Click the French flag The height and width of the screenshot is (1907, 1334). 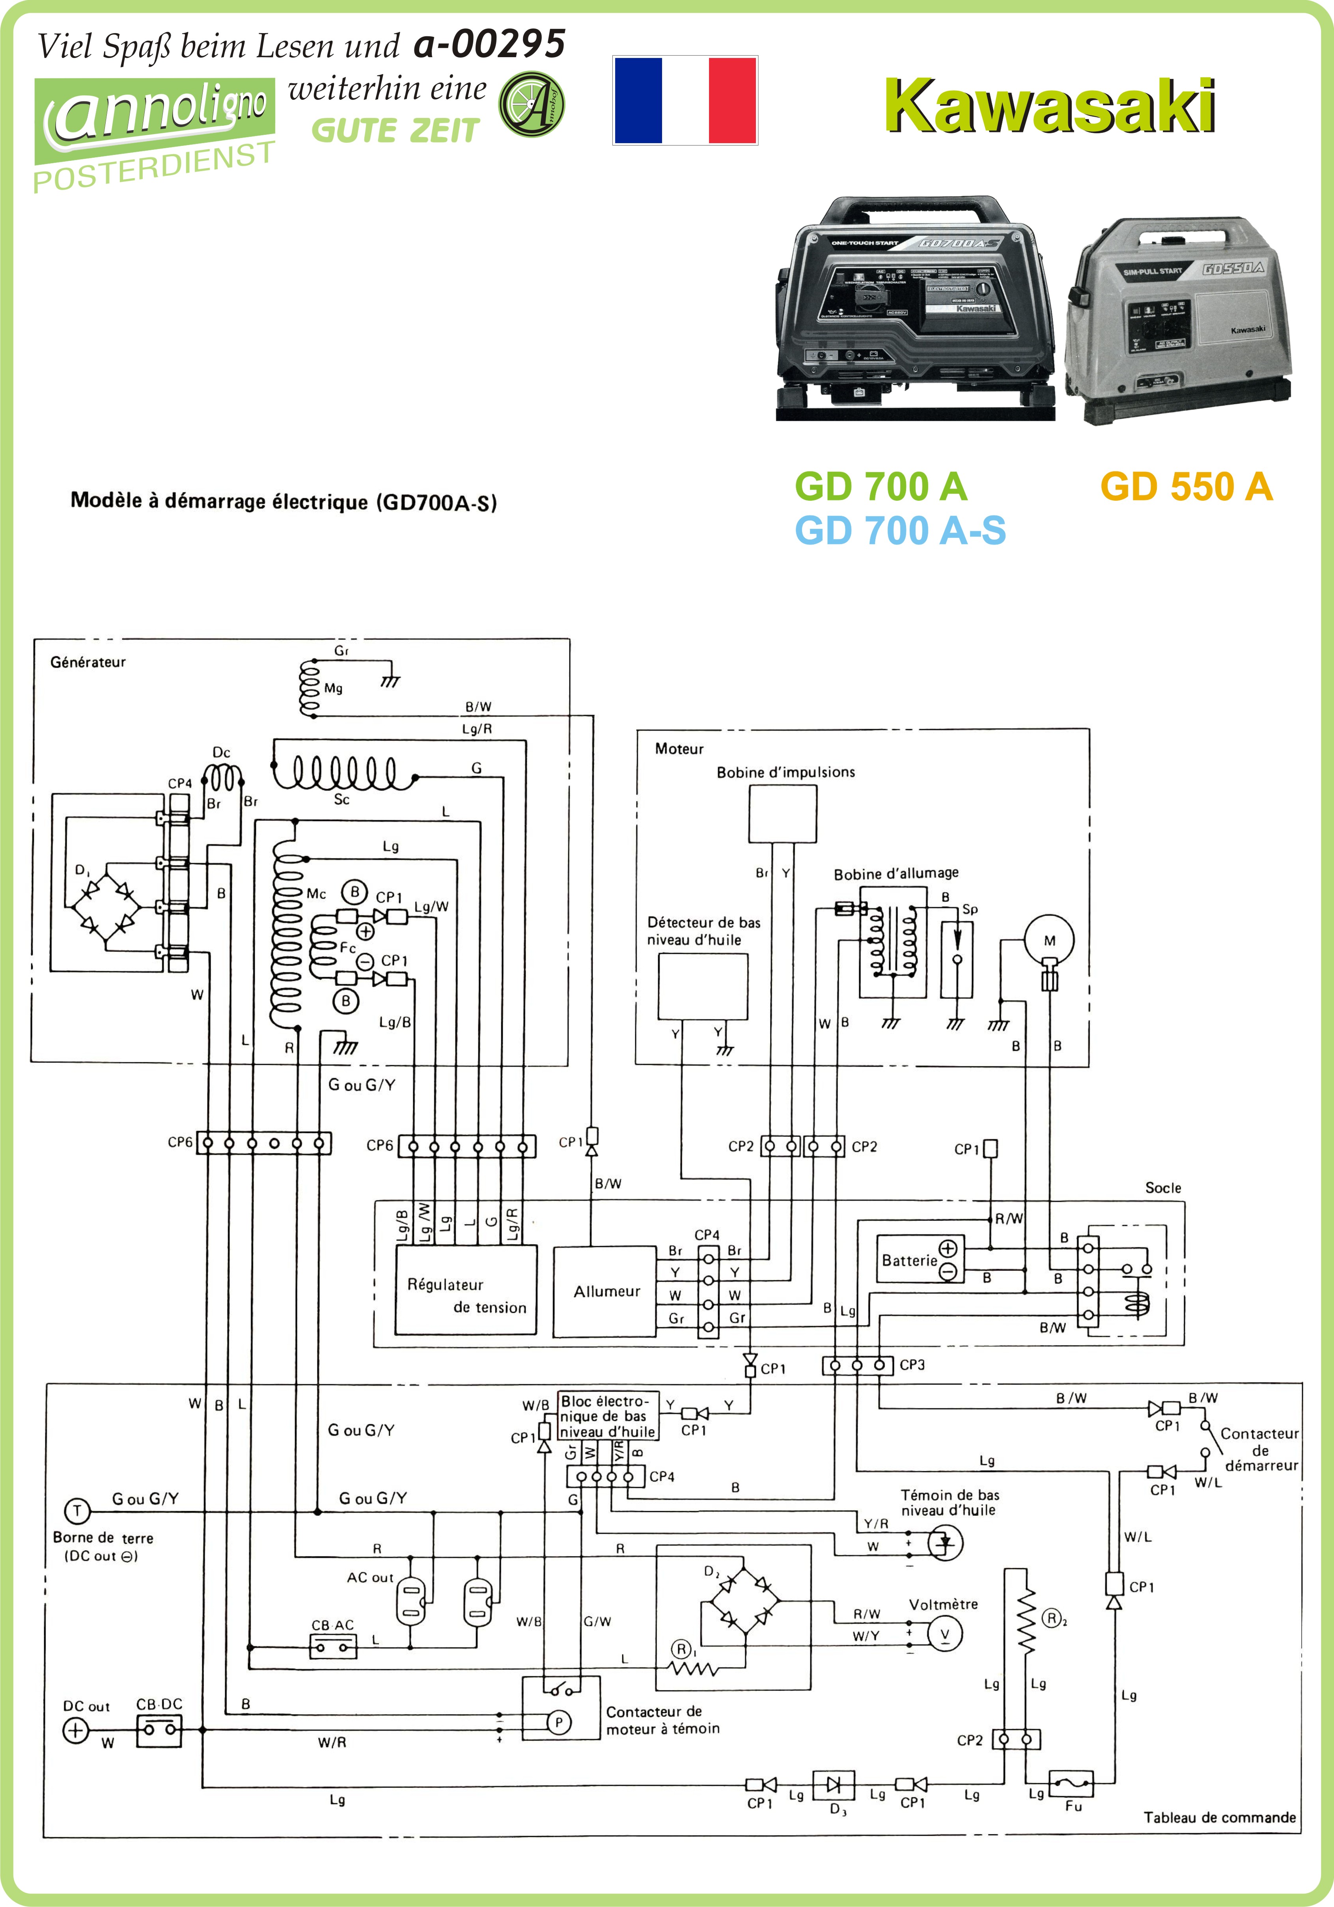(x=685, y=101)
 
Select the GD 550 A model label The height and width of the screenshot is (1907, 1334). (x=1186, y=487)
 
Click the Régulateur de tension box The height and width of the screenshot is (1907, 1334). (x=466, y=1290)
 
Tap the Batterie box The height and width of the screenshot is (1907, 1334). (x=920, y=1259)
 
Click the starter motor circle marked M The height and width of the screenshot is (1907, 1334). (x=1049, y=940)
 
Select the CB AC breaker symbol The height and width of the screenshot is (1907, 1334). (x=333, y=1646)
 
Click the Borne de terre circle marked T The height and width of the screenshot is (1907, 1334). (x=77, y=1511)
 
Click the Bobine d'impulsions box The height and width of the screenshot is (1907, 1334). (x=782, y=814)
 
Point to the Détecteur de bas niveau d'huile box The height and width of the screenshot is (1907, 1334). (x=703, y=986)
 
